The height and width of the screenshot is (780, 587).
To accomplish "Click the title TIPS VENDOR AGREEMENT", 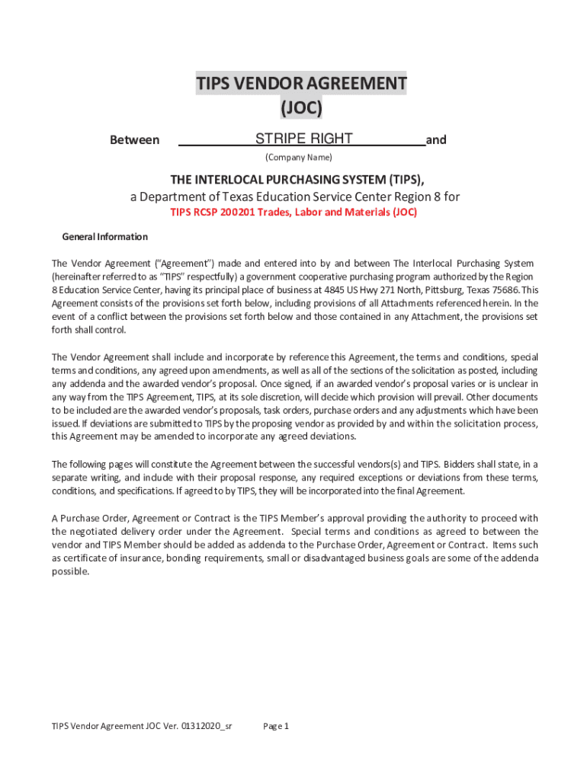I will point(301,83).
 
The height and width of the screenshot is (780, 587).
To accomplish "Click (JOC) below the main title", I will point(301,109).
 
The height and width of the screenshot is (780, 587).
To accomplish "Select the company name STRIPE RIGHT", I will point(303,139).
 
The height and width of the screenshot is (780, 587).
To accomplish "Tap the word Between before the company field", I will point(135,140).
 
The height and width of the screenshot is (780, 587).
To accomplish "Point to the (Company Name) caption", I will point(298,158).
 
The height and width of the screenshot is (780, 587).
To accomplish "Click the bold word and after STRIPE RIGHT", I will point(436,140).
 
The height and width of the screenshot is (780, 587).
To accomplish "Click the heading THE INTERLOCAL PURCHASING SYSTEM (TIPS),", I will point(297,180).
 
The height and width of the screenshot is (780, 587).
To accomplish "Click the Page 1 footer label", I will point(276,726).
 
